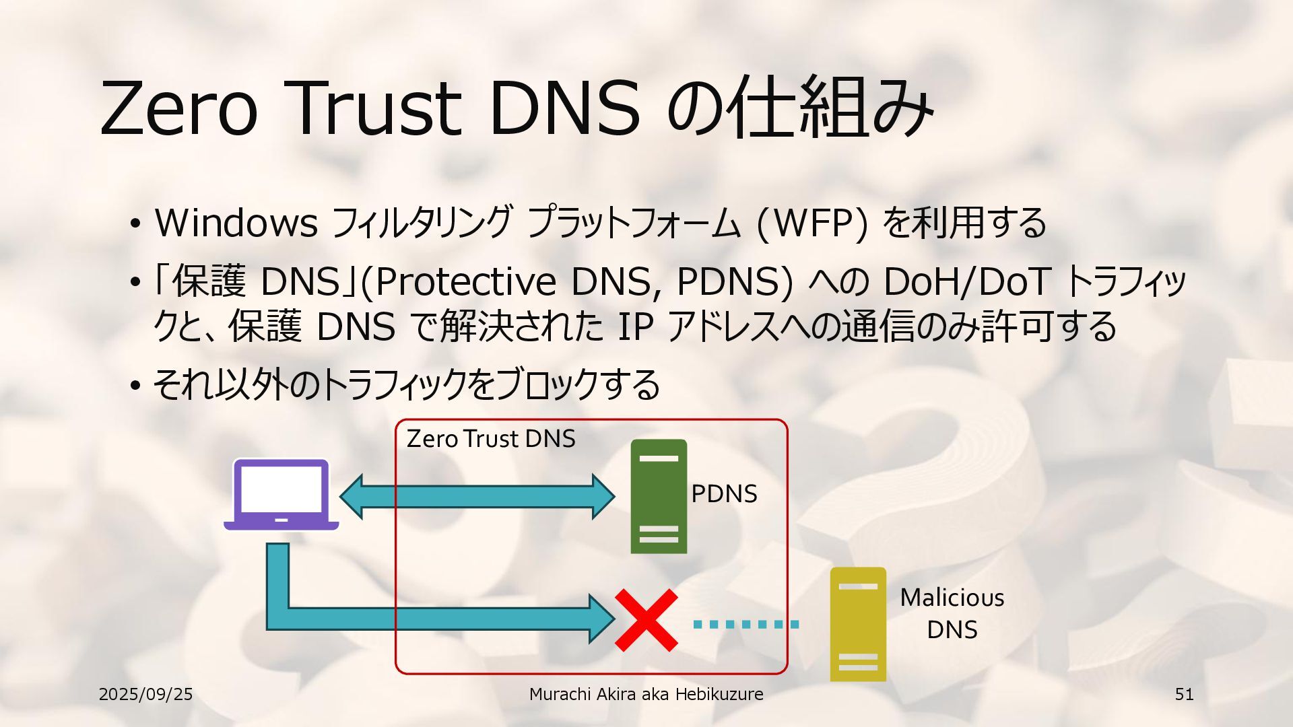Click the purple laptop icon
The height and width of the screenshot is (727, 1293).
click(x=281, y=494)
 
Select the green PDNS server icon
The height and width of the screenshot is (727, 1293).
click(x=659, y=496)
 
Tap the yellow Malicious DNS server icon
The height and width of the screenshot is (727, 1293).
click(x=857, y=624)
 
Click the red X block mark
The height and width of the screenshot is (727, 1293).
click(x=646, y=620)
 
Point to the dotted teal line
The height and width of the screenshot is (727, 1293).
click(x=745, y=624)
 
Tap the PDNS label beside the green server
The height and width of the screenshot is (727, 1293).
click(x=724, y=493)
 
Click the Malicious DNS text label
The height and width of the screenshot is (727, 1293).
click(x=952, y=613)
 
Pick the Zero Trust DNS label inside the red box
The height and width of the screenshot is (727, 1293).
click(x=491, y=439)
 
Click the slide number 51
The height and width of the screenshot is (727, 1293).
click(x=1184, y=694)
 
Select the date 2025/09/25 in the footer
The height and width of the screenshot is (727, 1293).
click(x=145, y=694)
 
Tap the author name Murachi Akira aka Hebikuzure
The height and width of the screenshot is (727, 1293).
click(x=646, y=694)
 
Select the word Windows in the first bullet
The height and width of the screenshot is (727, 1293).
click(x=236, y=222)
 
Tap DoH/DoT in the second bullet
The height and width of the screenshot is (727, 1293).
click(x=966, y=281)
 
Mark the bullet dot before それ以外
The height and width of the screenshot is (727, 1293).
click(x=135, y=386)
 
